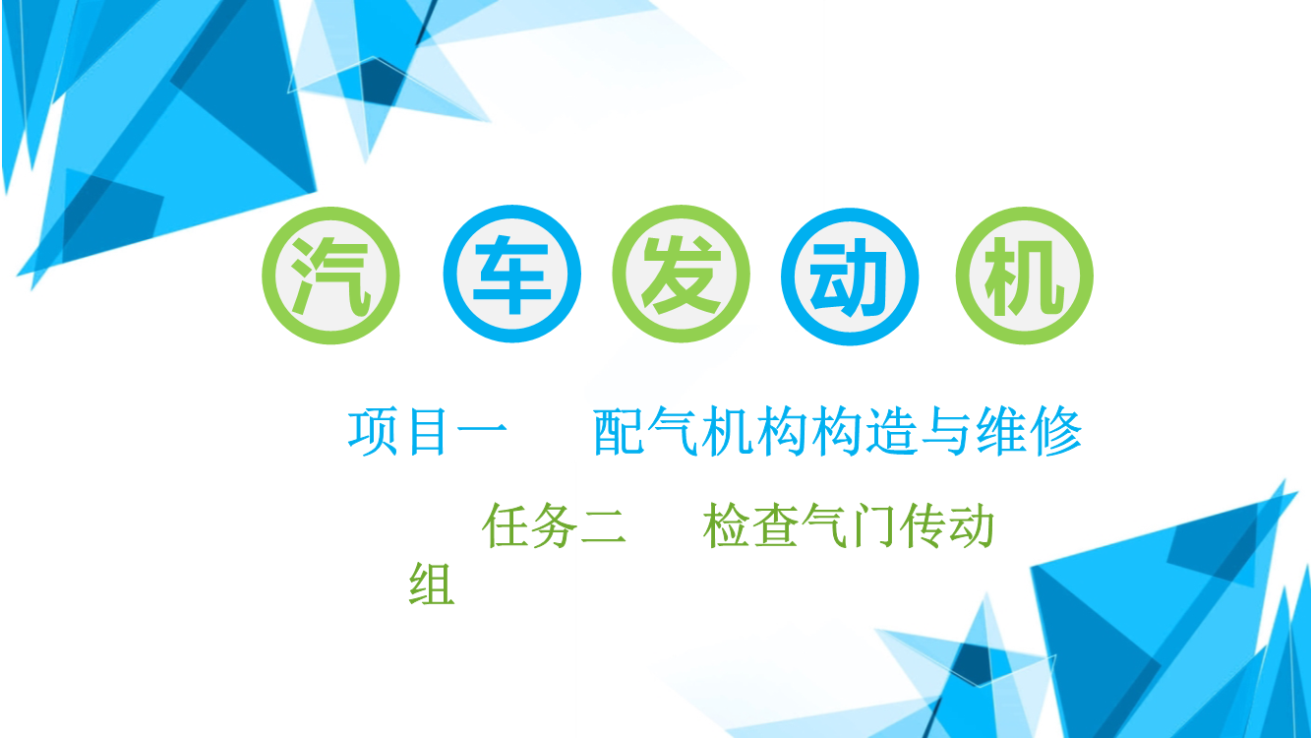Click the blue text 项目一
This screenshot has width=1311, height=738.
tap(428, 432)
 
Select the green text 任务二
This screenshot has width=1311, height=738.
tap(555, 526)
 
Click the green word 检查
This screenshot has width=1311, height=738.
tap(750, 526)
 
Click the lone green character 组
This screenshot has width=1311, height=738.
tap(432, 584)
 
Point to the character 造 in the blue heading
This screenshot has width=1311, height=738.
tap(891, 432)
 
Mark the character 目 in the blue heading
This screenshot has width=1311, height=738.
tap(428, 432)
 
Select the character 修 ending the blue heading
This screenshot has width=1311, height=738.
tap(1056, 432)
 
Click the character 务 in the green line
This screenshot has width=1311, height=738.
tap(555, 526)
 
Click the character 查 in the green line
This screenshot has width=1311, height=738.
tap(775, 526)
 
